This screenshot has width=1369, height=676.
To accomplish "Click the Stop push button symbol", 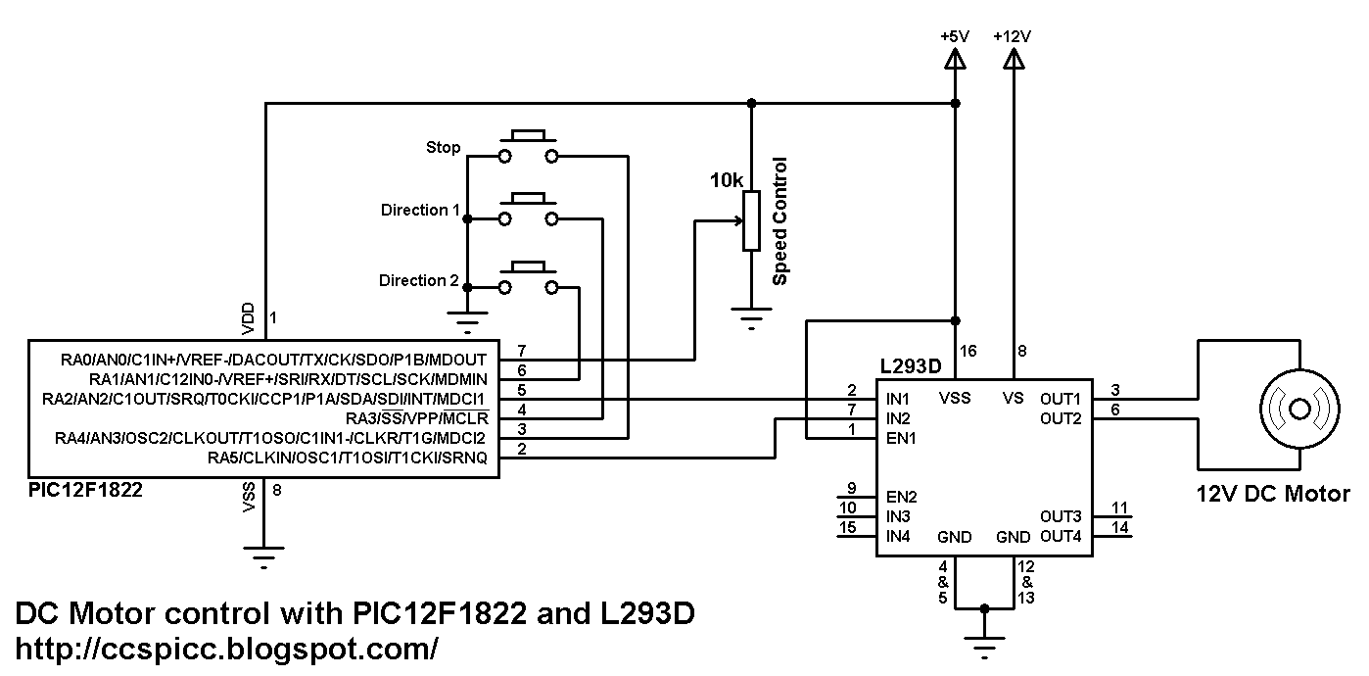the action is pyautogui.click(x=528, y=146).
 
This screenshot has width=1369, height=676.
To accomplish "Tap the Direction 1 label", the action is pyautogui.click(x=420, y=211).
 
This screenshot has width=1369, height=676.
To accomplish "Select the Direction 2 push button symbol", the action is pyautogui.click(x=528, y=277).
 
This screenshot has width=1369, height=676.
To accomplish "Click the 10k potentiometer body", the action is pyautogui.click(x=751, y=220).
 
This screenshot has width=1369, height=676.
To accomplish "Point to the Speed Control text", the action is pyautogui.click(x=779, y=221).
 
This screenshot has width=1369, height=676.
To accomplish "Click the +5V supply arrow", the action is pyautogui.click(x=955, y=59).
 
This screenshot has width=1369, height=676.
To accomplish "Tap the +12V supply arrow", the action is pyautogui.click(x=1014, y=59).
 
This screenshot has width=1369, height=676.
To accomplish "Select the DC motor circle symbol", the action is pyautogui.click(x=1299, y=409).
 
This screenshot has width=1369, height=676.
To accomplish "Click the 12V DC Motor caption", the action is pyautogui.click(x=1273, y=494).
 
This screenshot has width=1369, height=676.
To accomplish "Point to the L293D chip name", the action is pyautogui.click(x=911, y=366).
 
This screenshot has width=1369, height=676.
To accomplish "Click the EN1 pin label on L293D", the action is pyautogui.click(x=901, y=438).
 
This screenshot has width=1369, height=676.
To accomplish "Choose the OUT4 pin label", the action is pyautogui.click(x=1061, y=537).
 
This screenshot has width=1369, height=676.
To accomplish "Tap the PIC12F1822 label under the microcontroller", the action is pyautogui.click(x=85, y=490).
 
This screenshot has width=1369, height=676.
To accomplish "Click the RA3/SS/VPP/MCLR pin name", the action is pyautogui.click(x=417, y=418).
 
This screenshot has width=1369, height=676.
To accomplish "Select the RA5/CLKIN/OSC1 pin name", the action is pyautogui.click(x=348, y=458).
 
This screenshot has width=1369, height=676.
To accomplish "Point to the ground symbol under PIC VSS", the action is pyautogui.click(x=263, y=557).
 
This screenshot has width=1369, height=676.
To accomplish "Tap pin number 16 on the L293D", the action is pyautogui.click(x=968, y=351).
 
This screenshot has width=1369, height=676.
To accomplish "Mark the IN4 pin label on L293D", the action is pyautogui.click(x=898, y=537).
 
